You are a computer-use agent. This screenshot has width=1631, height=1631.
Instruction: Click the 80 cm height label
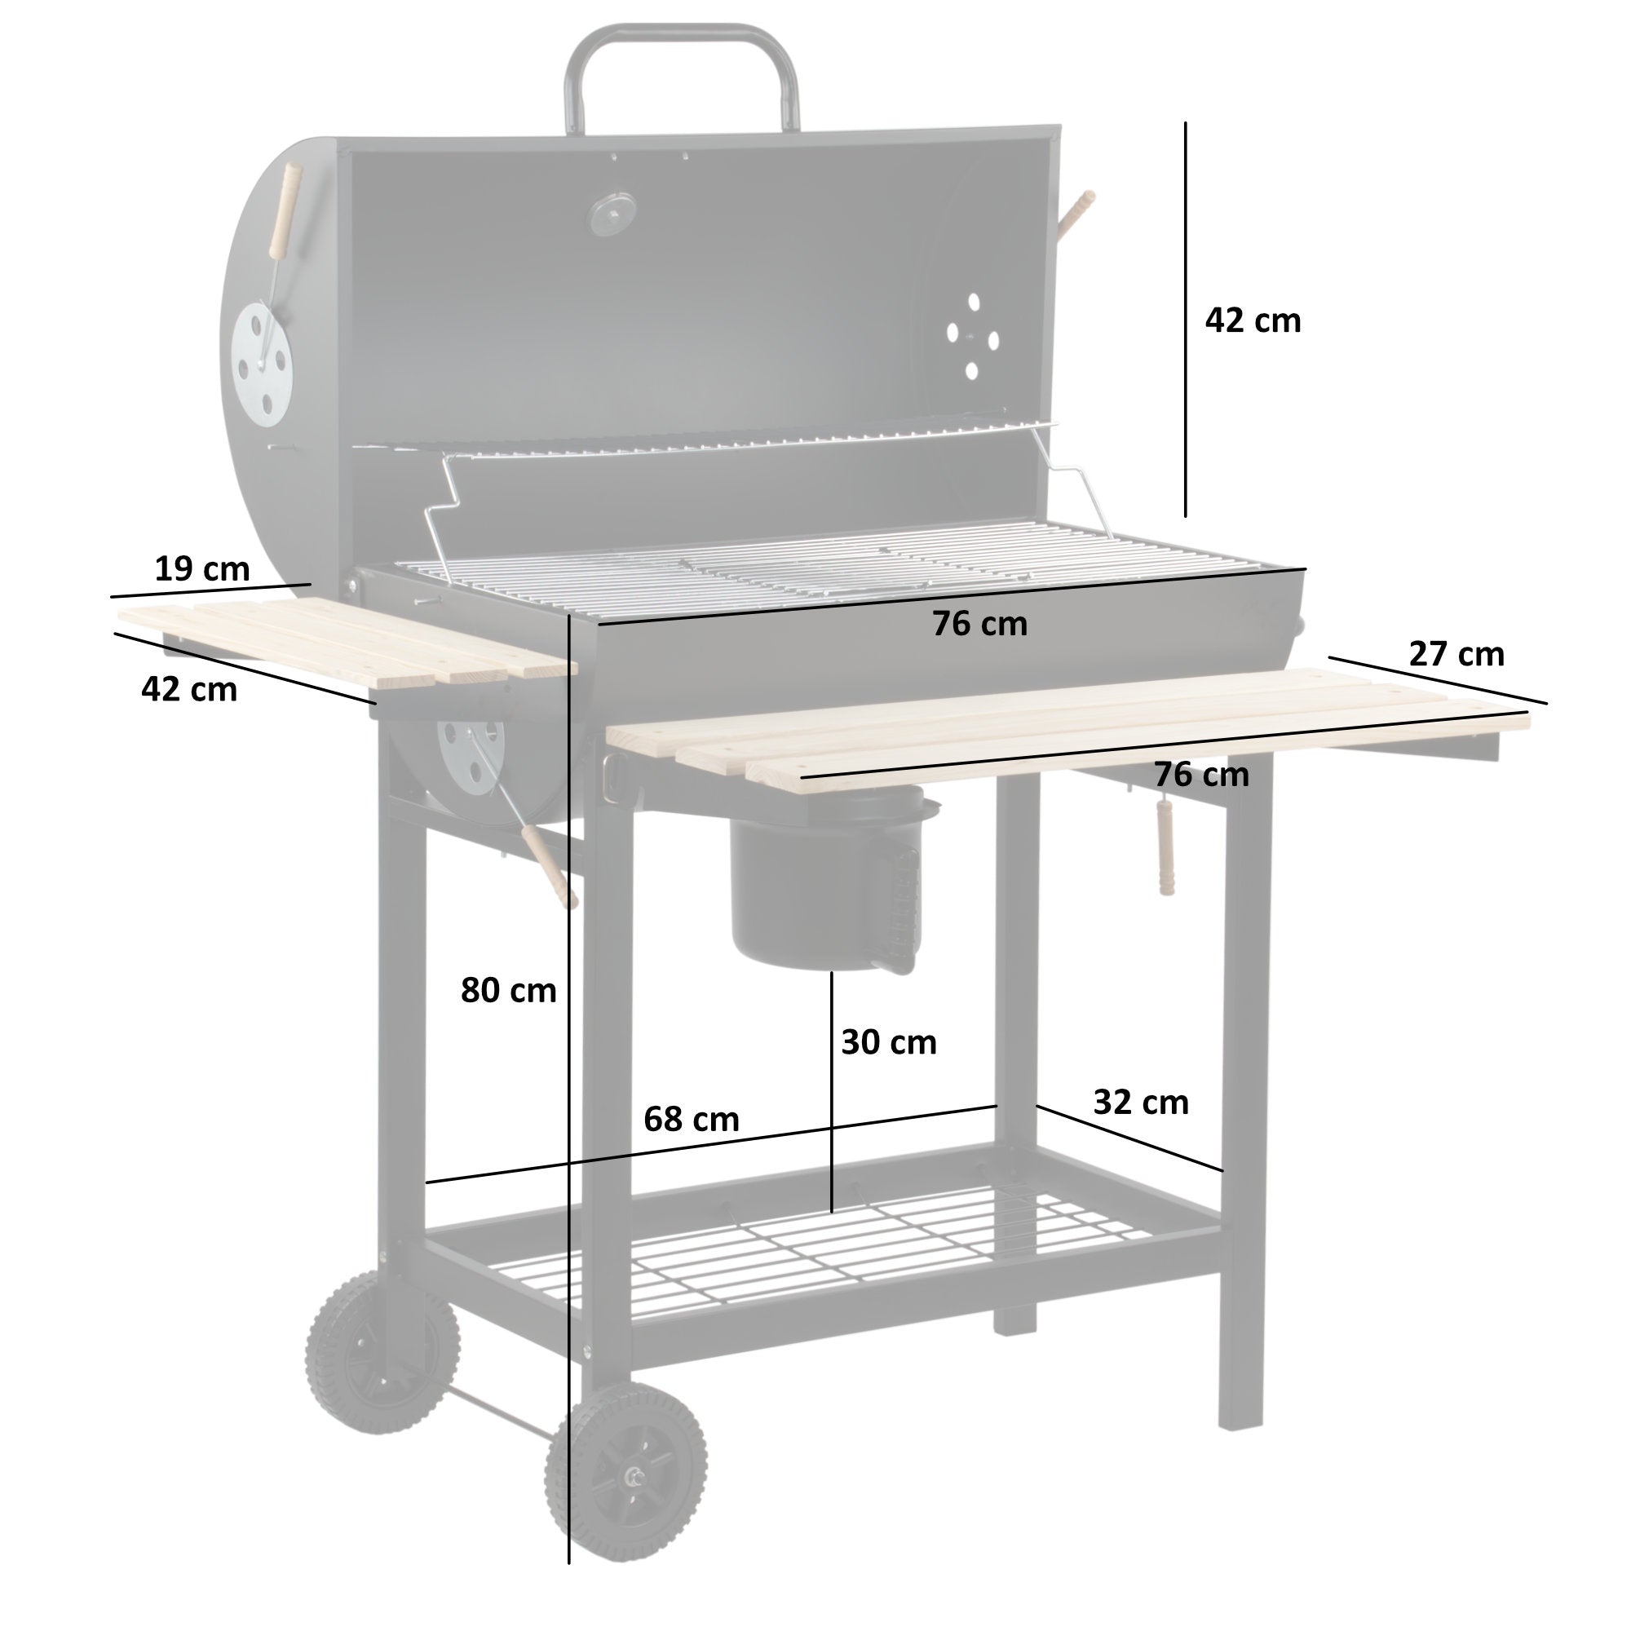pyautogui.click(x=508, y=990)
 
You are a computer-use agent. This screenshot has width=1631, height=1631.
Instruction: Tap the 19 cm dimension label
pyautogui.click(x=201, y=569)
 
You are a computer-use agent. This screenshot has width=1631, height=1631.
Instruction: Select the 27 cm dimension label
pyautogui.click(x=1456, y=654)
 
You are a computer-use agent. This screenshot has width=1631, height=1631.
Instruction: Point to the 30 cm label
pyautogui.click(x=888, y=1042)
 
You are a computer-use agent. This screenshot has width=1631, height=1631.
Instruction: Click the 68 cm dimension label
pyautogui.click(x=691, y=1120)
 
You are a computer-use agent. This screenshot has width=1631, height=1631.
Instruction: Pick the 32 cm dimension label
pyautogui.click(x=1141, y=1103)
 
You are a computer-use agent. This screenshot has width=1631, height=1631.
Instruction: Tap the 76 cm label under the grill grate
pyautogui.click(x=979, y=624)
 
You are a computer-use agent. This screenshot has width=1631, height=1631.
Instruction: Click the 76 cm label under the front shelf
pyautogui.click(x=1201, y=775)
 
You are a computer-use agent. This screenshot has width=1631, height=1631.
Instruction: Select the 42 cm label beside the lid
pyautogui.click(x=1252, y=320)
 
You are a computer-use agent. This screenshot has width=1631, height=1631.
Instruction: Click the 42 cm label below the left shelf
pyautogui.click(x=189, y=690)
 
